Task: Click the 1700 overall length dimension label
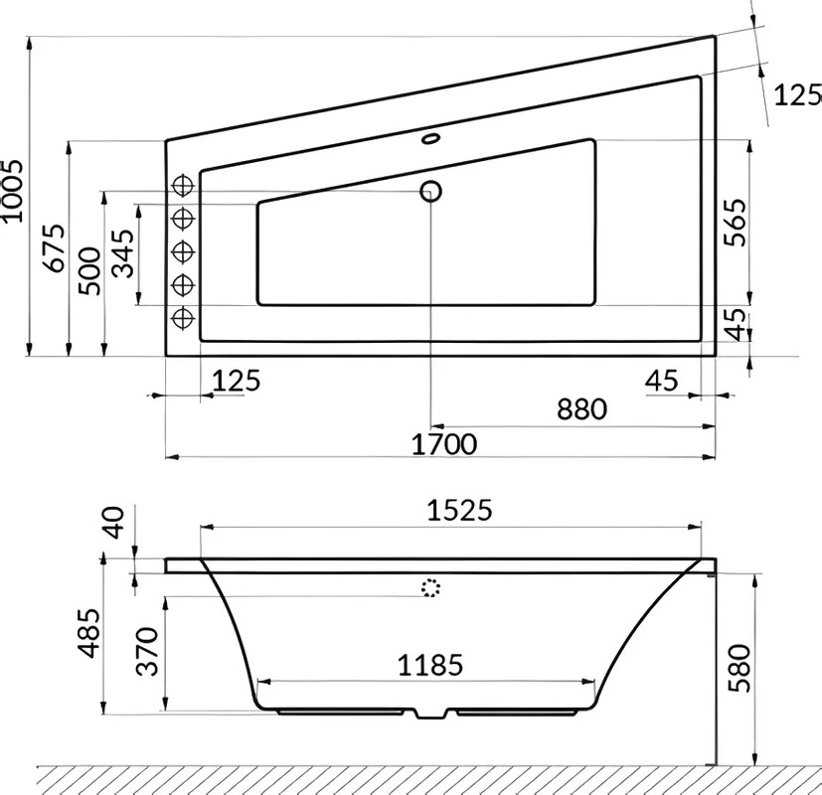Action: coord(444,444)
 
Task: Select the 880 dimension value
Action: coord(581,409)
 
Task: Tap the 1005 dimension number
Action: coord(12,191)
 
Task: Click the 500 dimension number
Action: coord(89,271)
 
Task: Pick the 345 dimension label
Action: coord(124,253)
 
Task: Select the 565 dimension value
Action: coord(735,223)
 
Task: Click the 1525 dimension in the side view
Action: coord(460,510)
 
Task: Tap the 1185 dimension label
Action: coord(430,665)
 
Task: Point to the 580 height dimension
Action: coord(740,668)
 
